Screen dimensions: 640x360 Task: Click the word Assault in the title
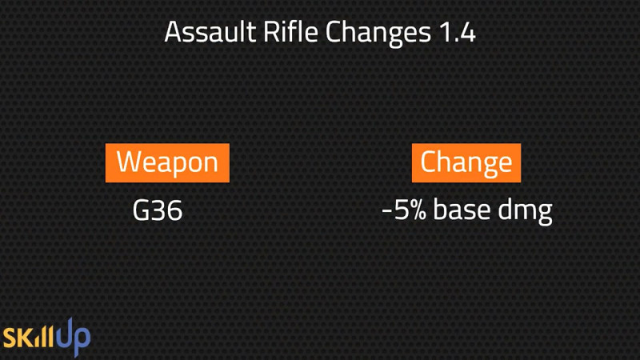[210, 32]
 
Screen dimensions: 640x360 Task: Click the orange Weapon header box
[167, 163]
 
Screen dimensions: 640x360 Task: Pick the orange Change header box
[466, 163]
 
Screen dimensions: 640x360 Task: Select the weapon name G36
[158, 210]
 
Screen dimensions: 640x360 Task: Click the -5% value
[404, 210]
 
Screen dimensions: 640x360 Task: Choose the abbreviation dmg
[525, 211]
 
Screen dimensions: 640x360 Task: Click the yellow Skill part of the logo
[29, 337]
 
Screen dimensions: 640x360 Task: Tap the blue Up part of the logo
[73, 337]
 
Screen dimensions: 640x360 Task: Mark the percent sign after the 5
[418, 210]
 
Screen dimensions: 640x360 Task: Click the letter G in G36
[141, 210]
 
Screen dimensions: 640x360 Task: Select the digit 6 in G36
[174, 210]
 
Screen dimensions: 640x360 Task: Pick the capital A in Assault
[173, 33]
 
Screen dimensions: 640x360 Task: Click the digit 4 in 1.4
[467, 33]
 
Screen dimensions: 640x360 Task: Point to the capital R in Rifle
[271, 33]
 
